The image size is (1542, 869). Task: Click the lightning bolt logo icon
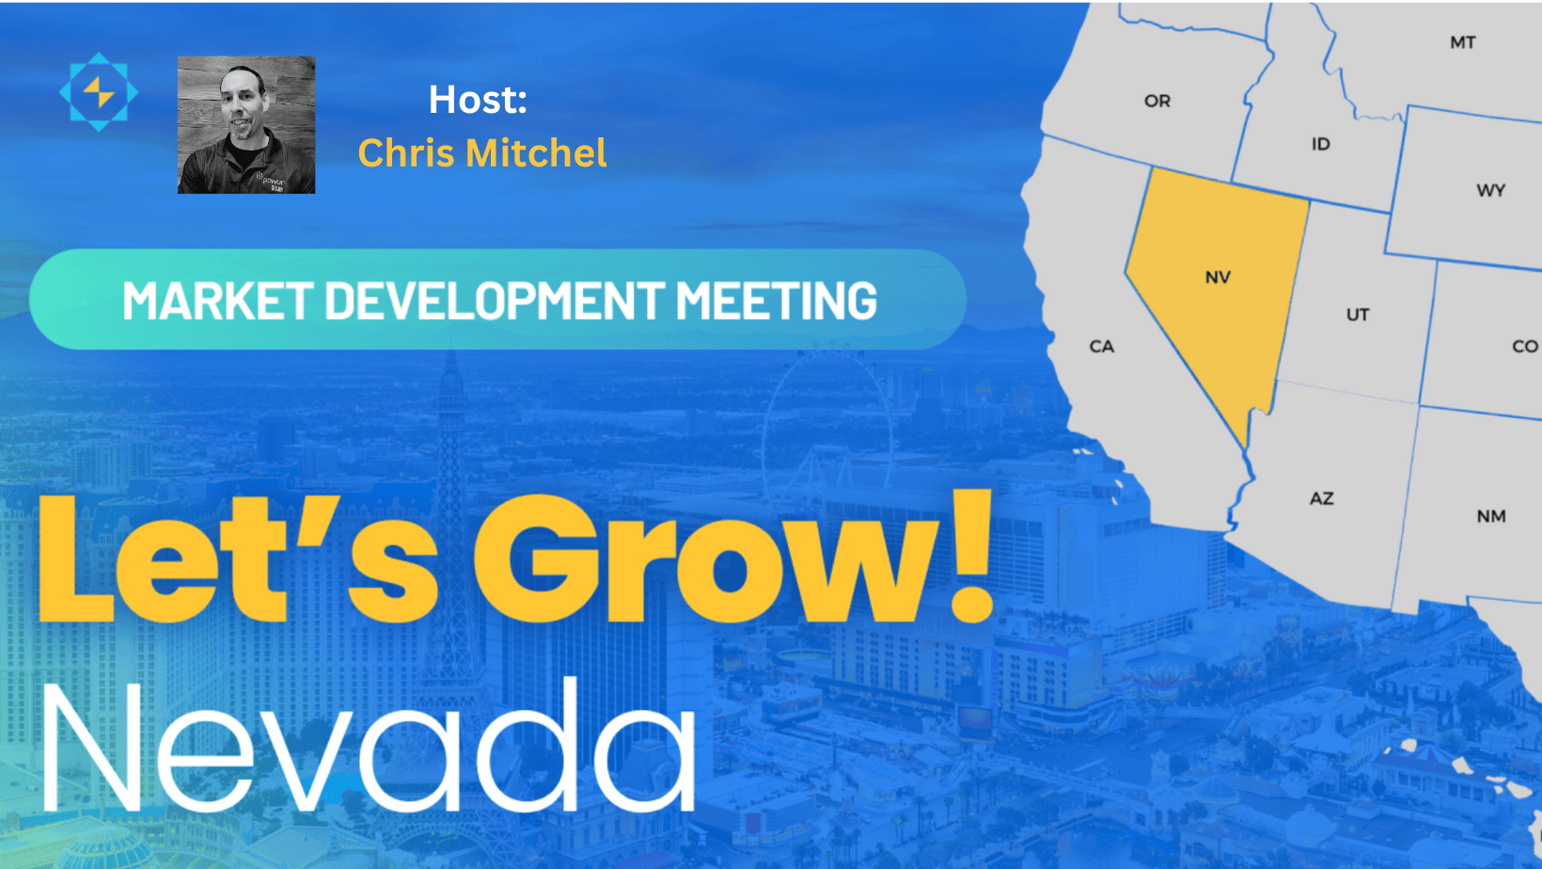(x=99, y=92)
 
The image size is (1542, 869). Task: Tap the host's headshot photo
(x=246, y=125)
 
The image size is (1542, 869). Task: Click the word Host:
(x=478, y=100)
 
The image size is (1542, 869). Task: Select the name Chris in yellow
(x=406, y=152)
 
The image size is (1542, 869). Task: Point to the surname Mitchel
(x=536, y=152)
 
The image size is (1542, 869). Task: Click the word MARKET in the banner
(x=217, y=300)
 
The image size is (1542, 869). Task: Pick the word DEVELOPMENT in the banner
(x=496, y=300)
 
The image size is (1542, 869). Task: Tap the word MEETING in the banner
(x=777, y=300)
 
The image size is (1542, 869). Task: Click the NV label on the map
(x=1218, y=277)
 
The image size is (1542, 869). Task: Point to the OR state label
(x=1157, y=102)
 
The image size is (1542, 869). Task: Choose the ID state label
(x=1320, y=144)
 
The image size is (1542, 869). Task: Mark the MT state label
(x=1463, y=42)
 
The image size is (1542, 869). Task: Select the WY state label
(x=1491, y=190)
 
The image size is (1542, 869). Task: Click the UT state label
(x=1358, y=315)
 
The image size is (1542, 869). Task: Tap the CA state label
(x=1101, y=346)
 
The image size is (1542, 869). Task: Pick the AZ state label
(x=1322, y=498)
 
